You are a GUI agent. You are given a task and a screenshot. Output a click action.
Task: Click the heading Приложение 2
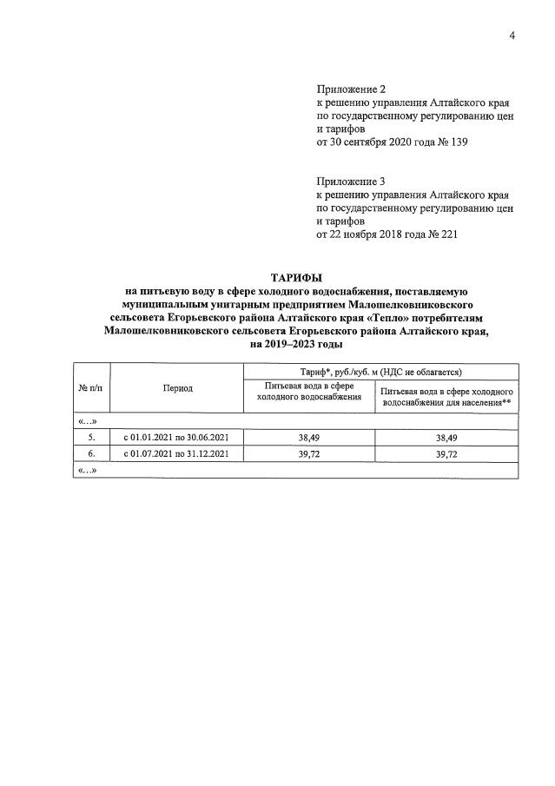tap(351, 89)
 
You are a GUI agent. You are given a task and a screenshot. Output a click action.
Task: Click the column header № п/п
tap(92, 387)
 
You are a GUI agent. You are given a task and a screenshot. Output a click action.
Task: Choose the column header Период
tap(177, 387)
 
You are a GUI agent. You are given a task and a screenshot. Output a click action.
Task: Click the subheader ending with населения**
tap(446, 397)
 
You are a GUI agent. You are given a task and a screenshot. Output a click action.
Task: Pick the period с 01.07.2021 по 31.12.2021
tap(177, 454)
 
